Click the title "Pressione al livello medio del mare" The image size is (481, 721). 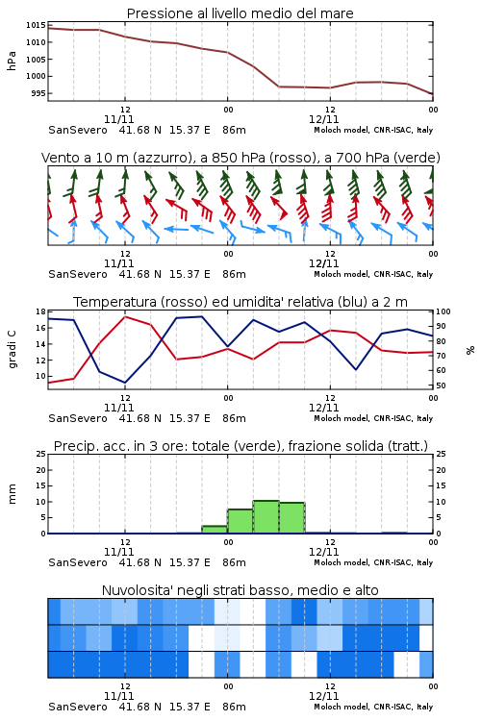coord(240,13)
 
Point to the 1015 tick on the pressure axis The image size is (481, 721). coord(36,25)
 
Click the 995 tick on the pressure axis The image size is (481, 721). coord(38,93)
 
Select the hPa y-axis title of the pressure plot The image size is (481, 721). coord(12,61)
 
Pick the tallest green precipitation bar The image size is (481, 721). coord(266,517)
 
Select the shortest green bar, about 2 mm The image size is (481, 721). coord(215,530)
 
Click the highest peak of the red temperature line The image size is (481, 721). coord(125,316)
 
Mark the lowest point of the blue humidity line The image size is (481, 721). coord(125,383)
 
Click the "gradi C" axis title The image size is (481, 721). coord(13,349)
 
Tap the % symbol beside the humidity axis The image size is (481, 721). coord(470,350)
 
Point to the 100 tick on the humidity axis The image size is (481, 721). coord(443,311)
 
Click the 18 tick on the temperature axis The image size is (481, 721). coord(40,311)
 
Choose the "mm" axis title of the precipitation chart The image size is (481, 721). coord(12,494)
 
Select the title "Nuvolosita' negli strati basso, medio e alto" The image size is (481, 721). coord(240,590)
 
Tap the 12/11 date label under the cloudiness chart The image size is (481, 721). coord(323,696)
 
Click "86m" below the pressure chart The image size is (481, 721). coord(234,130)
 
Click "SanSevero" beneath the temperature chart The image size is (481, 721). coord(77,418)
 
